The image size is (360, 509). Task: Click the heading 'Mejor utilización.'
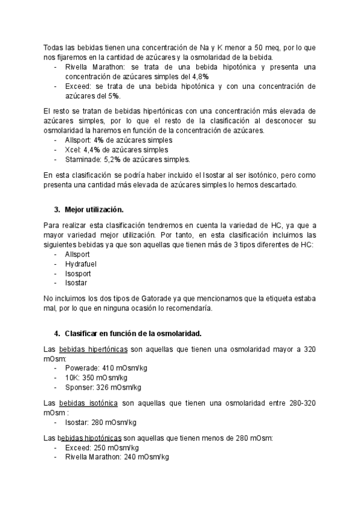click(x=94, y=209)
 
